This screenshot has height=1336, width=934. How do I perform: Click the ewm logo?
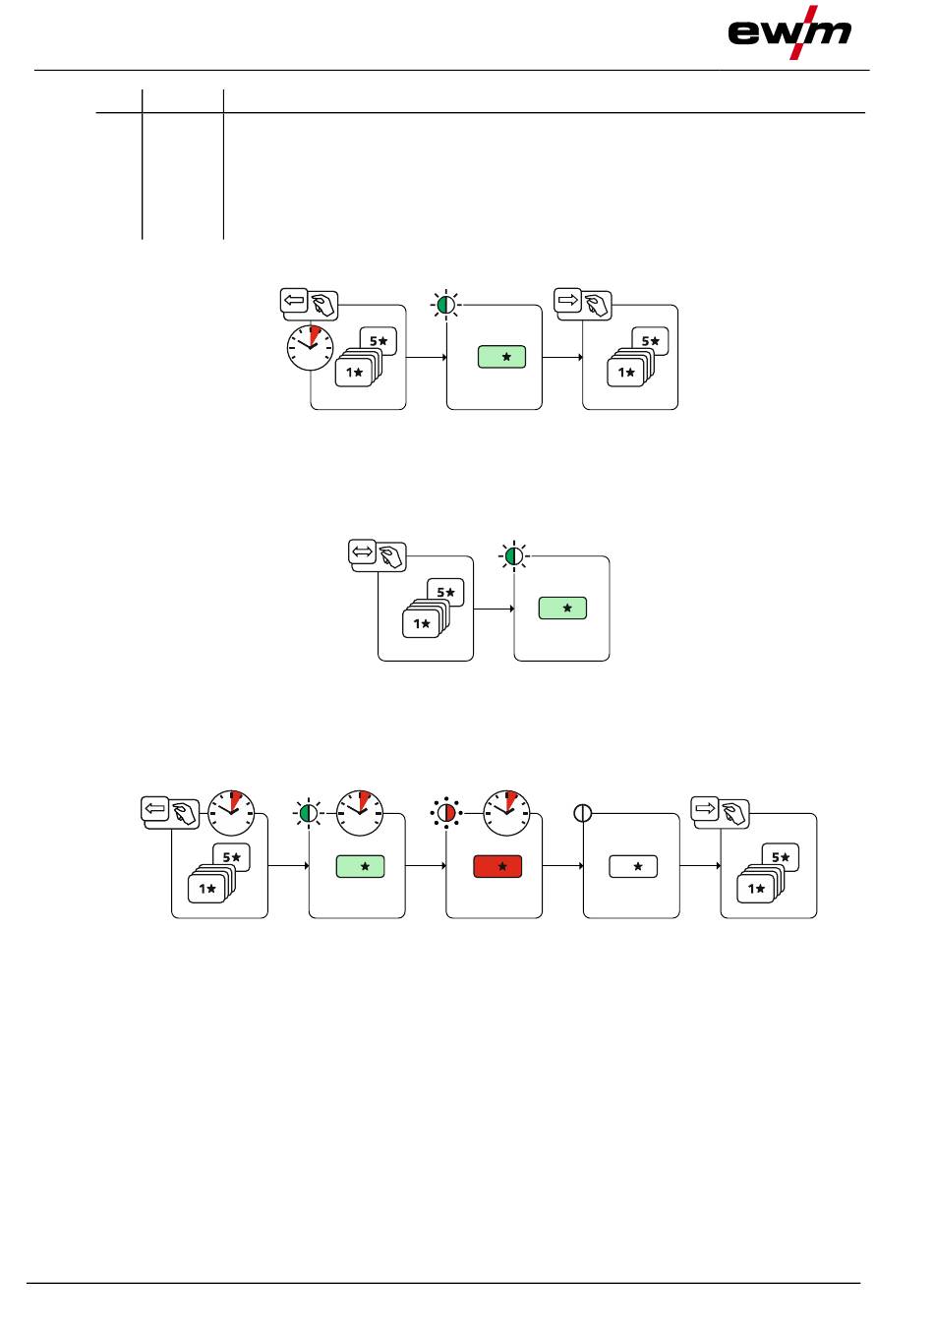pos(789,31)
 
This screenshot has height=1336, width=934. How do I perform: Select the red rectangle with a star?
pos(497,867)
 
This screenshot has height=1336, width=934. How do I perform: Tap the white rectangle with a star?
pos(634,867)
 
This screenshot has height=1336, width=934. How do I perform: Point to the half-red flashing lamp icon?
pos(446,813)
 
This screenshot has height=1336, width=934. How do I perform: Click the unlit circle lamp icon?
pos(582,813)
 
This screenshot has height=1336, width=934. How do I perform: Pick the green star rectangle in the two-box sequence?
pos(562,609)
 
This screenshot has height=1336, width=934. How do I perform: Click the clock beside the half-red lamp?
pos(506,812)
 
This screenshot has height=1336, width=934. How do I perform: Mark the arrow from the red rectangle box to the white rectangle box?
pos(563,867)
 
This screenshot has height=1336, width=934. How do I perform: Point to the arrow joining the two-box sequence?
pos(495,609)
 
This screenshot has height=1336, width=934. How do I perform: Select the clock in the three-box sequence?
pos(311,349)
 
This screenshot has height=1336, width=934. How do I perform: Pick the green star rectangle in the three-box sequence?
pos(501,357)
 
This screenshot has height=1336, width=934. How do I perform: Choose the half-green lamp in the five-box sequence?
pos(309,813)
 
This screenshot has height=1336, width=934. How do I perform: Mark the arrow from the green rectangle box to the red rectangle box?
pos(426,867)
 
